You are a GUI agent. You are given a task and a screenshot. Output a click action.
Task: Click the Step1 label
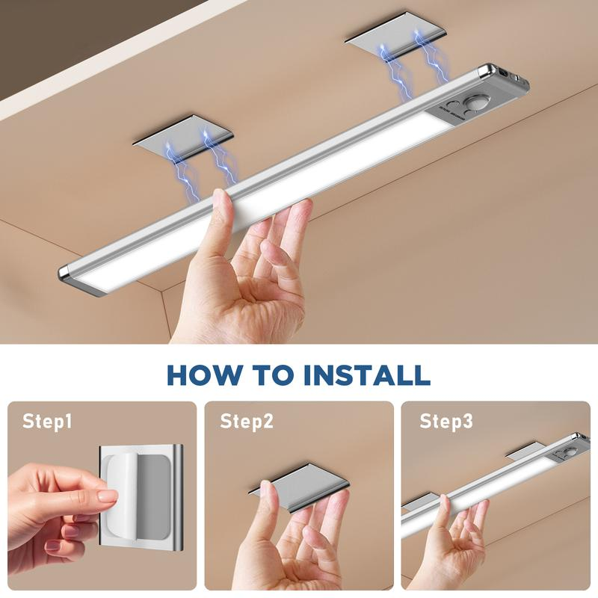(48, 422)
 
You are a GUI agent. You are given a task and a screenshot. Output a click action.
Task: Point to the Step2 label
(247, 422)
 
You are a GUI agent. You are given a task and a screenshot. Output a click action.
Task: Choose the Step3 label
(446, 422)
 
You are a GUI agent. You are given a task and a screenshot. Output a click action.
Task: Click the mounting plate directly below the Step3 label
(526, 452)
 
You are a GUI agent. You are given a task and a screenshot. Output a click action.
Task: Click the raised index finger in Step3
(444, 508)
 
